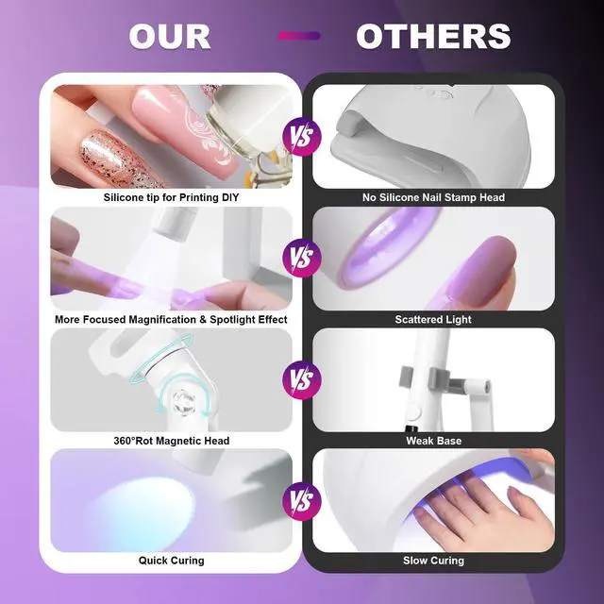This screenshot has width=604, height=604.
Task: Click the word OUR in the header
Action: (170, 36)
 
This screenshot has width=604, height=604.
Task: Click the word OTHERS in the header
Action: (433, 36)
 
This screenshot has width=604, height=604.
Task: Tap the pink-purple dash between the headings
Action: (299, 36)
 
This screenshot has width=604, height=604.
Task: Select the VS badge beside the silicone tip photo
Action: (302, 137)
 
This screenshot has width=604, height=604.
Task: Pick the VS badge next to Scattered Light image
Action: (302, 258)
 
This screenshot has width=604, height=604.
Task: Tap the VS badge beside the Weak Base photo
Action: (302, 379)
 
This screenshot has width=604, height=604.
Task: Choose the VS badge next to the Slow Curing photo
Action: (302, 501)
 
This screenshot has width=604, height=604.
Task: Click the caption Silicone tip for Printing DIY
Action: (171, 197)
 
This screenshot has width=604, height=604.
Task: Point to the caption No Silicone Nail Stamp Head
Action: (433, 197)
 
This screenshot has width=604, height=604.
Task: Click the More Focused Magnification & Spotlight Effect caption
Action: (171, 320)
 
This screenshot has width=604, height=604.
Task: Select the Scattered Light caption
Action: (433, 320)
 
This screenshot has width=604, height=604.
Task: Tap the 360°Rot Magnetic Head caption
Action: (172, 441)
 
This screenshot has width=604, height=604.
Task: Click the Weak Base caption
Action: (434, 441)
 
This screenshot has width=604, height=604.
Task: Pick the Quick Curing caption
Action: (172, 561)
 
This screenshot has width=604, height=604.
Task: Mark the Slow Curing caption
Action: (433, 561)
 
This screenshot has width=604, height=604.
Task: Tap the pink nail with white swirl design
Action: (186, 130)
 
